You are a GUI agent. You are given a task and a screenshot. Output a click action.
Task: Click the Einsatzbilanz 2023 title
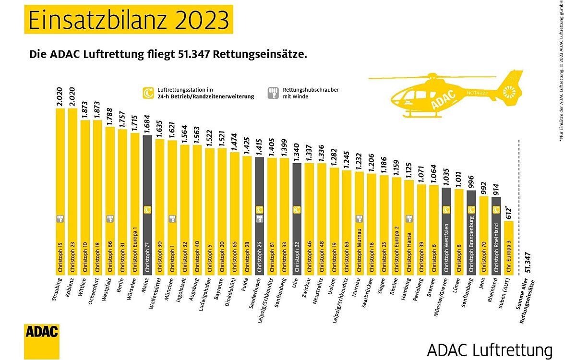pyautogui.click(x=129, y=20)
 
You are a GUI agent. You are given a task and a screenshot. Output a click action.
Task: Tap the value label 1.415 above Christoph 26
pyautogui.click(x=260, y=145)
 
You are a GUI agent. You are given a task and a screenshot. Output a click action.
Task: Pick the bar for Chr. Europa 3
pyautogui.click(x=509, y=247)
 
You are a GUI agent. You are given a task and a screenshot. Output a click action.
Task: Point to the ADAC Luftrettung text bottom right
pyautogui.click(x=490, y=349)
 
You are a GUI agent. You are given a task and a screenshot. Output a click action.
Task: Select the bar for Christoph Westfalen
pyautogui.click(x=446, y=230)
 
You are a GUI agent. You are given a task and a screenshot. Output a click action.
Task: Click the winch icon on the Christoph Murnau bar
pyautogui.click(x=359, y=219)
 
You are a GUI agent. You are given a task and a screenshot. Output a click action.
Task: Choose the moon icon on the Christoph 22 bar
pyautogui.click(x=297, y=210)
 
